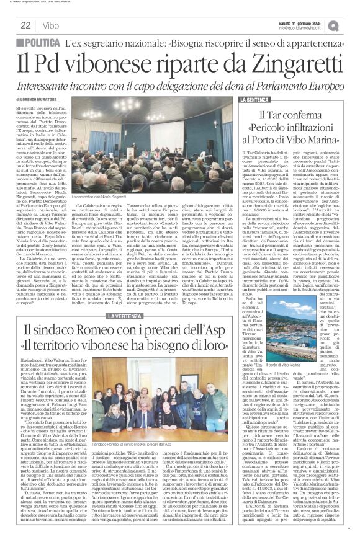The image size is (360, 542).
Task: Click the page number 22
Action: [25, 25]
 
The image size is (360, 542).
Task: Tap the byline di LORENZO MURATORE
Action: [32, 99]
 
